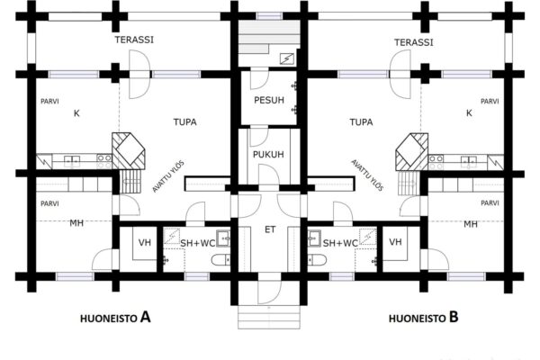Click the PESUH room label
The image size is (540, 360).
pyautogui.click(x=269, y=100)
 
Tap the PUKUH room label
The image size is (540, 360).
pyautogui.click(x=268, y=154)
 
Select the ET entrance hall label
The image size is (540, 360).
pyautogui.click(x=270, y=229)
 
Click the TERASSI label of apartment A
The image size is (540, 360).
pyautogui.click(x=134, y=40)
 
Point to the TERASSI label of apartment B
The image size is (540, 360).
pyautogui.click(x=413, y=42)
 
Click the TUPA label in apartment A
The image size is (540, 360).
pyautogui.click(x=184, y=122)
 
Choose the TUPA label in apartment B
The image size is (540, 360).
pyautogui.click(x=361, y=122)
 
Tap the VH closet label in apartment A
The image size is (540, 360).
pyautogui.click(x=145, y=242)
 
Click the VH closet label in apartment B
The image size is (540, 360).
pyautogui.click(x=395, y=242)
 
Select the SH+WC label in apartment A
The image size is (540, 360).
pyautogui.click(x=198, y=243)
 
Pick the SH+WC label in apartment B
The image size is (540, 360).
pyautogui.click(x=340, y=243)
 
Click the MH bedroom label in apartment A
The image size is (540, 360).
pyautogui.click(x=76, y=223)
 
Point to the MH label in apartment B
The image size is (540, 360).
pyautogui.click(x=471, y=224)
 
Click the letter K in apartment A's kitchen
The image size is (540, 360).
pyautogui.click(x=76, y=113)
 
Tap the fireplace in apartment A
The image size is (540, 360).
pyautogui.click(x=129, y=151)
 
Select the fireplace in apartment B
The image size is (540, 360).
pyautogui.click(x=412, y=151)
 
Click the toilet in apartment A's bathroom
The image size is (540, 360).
pyautogui.click(x=220, y=260)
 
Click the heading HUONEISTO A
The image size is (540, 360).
pyautogui.click(x=115, y=318)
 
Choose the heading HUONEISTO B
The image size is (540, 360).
pyautogui.click(x=424, y=318)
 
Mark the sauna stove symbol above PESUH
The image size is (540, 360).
pyautogui.click(x=286, y=59)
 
